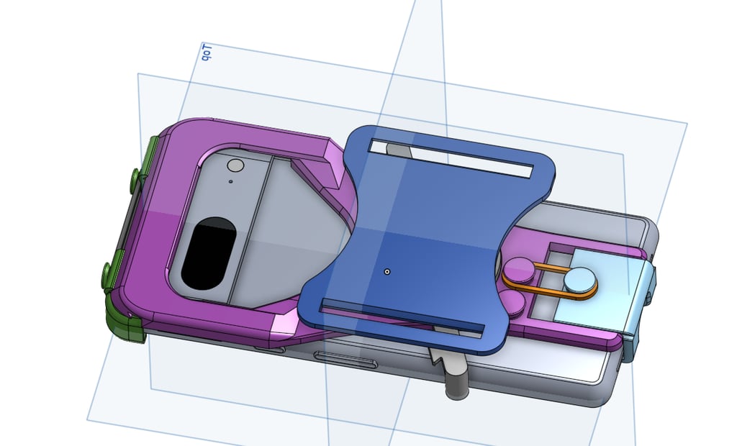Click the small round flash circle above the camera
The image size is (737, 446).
point(235,166)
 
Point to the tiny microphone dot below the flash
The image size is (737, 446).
point(230,183)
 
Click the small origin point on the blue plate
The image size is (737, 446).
point(387,272)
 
